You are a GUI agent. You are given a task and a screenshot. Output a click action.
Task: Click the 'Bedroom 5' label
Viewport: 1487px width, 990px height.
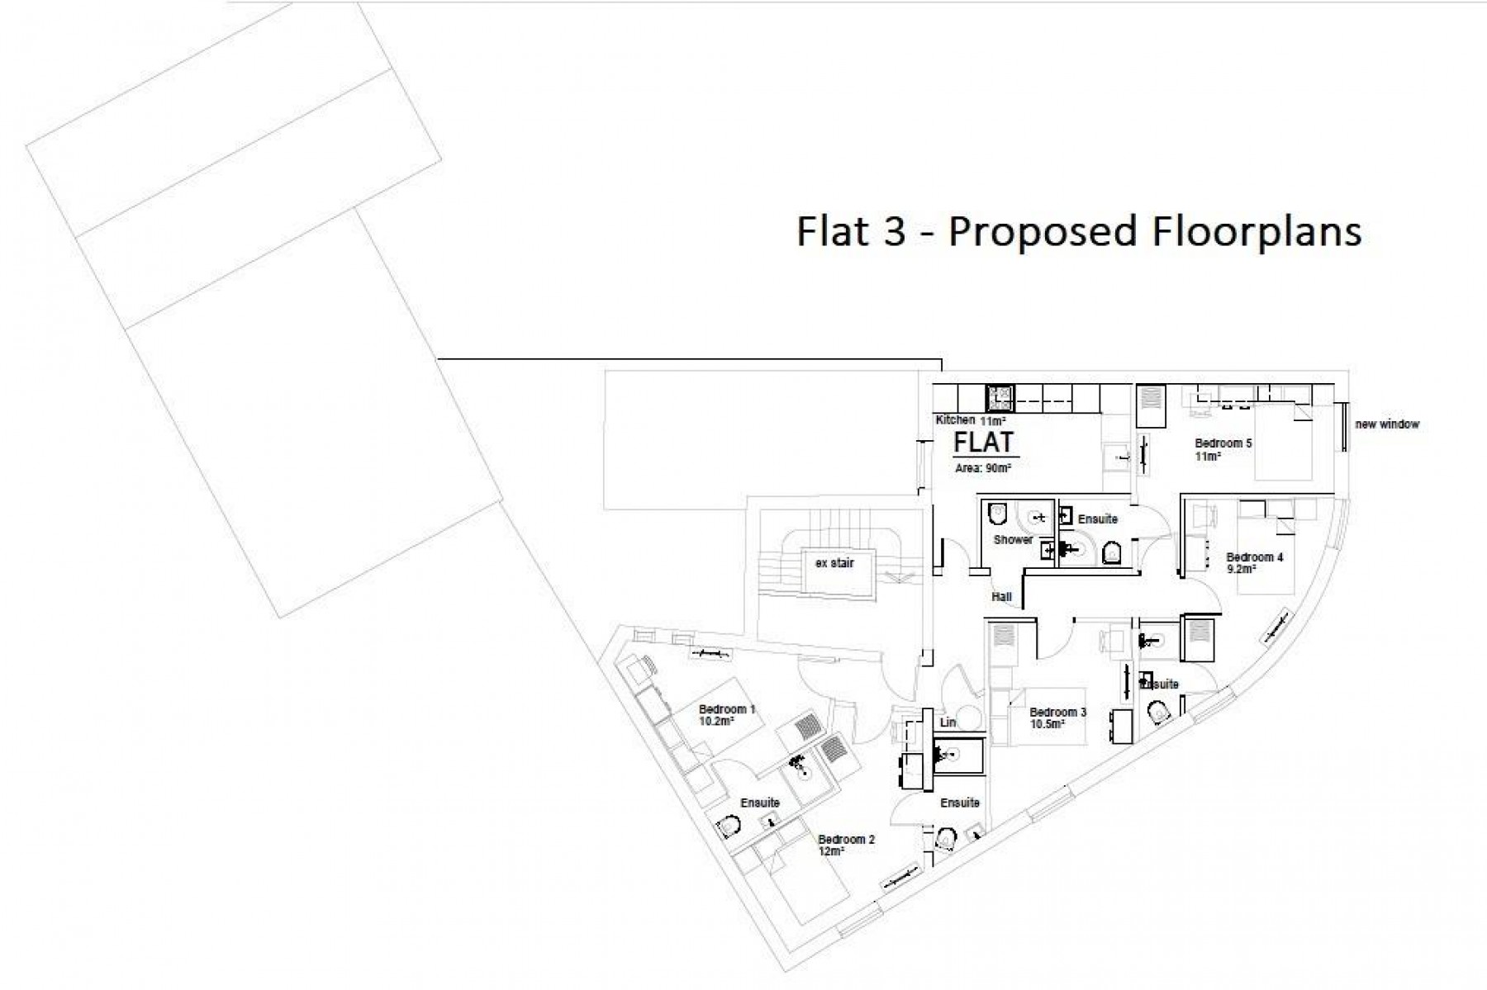[x=1223, y=443]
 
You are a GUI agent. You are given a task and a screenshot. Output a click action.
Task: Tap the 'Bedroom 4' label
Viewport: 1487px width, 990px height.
[x=1255, y=557]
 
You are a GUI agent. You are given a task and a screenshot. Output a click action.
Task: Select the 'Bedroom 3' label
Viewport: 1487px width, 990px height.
[x=1058, y=713]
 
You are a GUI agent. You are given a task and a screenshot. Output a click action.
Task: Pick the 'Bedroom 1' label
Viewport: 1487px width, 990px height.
[x=727, y=709]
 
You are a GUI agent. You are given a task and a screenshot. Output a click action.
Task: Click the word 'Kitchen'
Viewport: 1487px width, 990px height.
[x=955, y=420]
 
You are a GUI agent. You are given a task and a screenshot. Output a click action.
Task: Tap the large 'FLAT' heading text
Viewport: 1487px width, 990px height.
[x=983, y=443]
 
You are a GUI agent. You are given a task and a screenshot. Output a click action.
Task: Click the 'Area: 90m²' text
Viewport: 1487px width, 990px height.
[x=983, y=467]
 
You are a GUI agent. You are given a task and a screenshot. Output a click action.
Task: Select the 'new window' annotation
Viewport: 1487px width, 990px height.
[x=1387, y=424]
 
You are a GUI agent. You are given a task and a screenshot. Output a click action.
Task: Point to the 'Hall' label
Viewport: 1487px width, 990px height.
[x=1001, y=597]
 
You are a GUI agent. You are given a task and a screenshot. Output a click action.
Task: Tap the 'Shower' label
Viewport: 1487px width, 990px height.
[x=1013, y=540]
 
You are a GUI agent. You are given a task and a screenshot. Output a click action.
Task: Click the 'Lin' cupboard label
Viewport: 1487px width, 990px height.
[x=948, y=722]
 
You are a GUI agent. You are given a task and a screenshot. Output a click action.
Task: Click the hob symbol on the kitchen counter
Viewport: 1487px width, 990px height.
[x=1000, y=398]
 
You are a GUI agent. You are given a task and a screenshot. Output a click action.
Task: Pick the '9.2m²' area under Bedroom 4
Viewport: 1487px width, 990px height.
[x=1242, y=569]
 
